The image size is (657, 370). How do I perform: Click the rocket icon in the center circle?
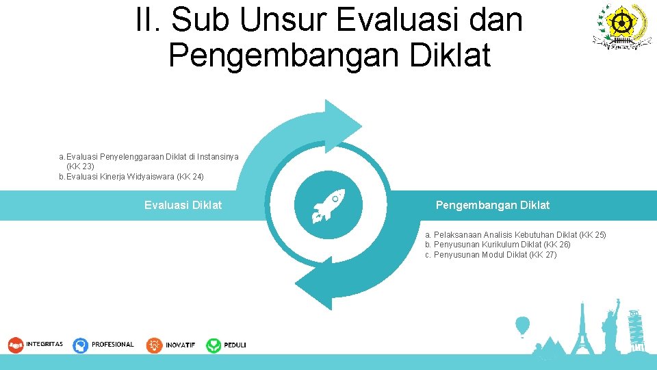click(328, 206)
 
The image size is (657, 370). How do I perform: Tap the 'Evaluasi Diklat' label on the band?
click(183, 205)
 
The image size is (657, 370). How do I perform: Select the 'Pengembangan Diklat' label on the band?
click(492, 205)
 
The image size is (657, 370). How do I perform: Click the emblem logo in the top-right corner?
click(623, 26)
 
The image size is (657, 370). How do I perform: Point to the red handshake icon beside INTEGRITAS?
click(16, 345)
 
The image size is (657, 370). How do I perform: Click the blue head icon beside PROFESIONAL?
click(81, 345)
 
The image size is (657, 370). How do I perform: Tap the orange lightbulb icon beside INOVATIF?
click(155, 345)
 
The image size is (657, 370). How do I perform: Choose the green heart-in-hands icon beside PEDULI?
click(214, 345)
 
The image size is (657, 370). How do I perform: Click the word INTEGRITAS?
click(44, 345)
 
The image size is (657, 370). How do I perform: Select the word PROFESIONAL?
click(113, 345)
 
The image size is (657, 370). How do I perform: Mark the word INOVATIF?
click(181, 345)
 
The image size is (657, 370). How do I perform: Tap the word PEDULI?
click(235, 345)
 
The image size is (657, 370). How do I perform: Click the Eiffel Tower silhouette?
click(582, 329)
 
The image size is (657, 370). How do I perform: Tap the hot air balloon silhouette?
click(522, 325)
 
